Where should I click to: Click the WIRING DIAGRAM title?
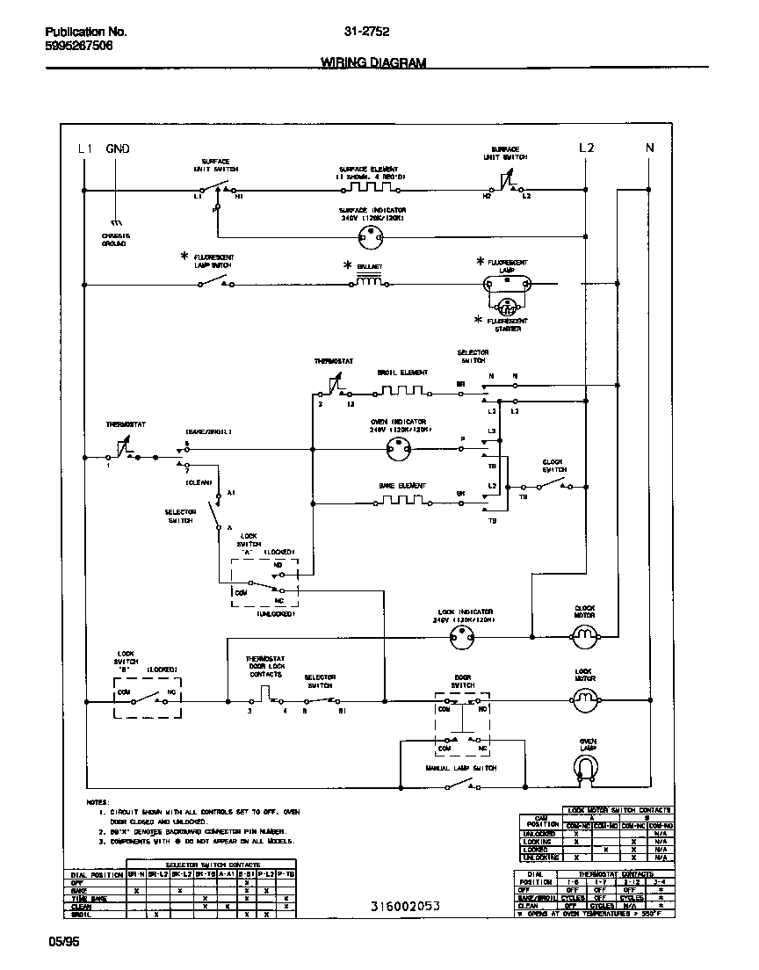point(373,62)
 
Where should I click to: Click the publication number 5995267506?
point(78,47)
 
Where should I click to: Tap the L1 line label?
point(84,148)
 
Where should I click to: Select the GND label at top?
point(118,148)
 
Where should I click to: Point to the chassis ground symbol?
point(115,223)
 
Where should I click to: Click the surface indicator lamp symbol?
point(375,235)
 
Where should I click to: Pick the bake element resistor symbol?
point(401,502)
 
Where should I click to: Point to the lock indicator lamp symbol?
point(462,641)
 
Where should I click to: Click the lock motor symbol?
point(585,700)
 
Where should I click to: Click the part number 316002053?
point(405,906)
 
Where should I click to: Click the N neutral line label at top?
point(650,148)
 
